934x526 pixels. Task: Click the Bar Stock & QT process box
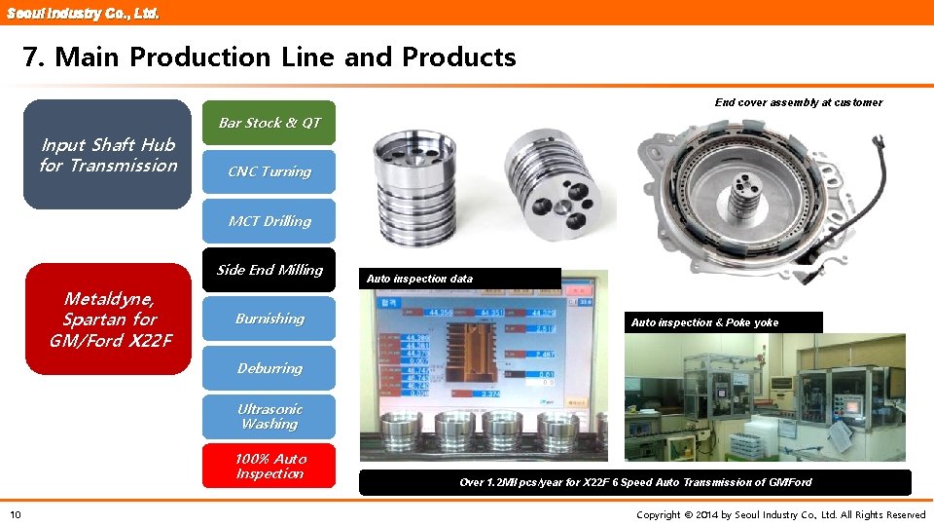[x=269, y=123]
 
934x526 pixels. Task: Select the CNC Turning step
[x=269, y=171]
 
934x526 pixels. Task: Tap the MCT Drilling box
[x=269, y=221]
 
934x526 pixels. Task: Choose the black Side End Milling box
[x=269, y=270]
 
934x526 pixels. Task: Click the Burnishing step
[x=269, y=319]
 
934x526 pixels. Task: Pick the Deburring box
[x=269, y=368]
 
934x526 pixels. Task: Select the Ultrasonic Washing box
[x=269, y=417]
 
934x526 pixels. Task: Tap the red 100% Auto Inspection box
[x=269, y=466]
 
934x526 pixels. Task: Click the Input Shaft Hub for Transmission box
[x=108, y=155]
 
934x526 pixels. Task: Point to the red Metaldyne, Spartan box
[x=108, y=319]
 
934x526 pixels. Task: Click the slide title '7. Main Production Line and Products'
[x=269, y=57]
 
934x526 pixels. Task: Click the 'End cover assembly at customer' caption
[x=798, y=102]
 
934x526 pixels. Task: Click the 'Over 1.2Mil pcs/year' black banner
[x=634, y=482]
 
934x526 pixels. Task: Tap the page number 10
[x=16, y=514]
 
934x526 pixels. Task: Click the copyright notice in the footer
[x=780, y=514]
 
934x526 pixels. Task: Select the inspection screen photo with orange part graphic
[x=483, y=370]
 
